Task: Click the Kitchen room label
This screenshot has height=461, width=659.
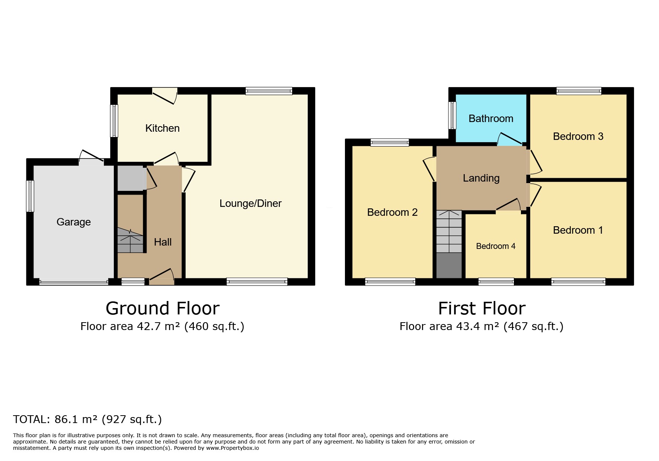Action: [162, 128]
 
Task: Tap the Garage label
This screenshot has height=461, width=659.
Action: [74, 222]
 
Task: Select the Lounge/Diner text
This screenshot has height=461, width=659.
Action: [250, 204]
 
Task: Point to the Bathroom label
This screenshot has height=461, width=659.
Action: [491, 119]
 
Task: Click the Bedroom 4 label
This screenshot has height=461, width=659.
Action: [496, 246]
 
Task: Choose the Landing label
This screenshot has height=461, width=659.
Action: [481, 178]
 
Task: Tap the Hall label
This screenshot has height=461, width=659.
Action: [163, 242]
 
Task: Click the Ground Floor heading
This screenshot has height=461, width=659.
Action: [163, 308]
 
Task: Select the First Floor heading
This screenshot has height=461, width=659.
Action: [482, 308]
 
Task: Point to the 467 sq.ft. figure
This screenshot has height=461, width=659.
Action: [534, 326]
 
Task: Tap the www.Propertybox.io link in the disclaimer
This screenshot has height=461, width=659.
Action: [233, 448]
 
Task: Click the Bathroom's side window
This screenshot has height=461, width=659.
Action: [452, 115]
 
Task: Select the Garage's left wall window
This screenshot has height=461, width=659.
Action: [30, 196]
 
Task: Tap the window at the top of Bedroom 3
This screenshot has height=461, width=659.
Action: [579, 91]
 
